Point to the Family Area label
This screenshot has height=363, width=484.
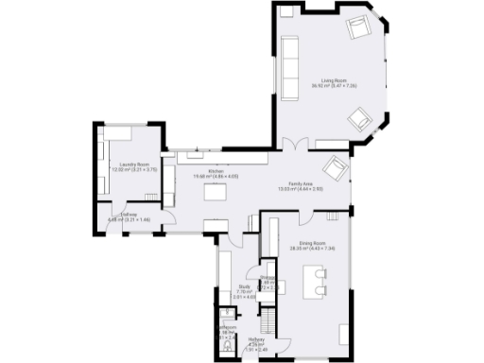point(300,186)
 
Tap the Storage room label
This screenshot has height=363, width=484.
point(268,280)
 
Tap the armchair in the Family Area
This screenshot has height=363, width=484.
point(335,170)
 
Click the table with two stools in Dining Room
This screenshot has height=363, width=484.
point(316,279)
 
